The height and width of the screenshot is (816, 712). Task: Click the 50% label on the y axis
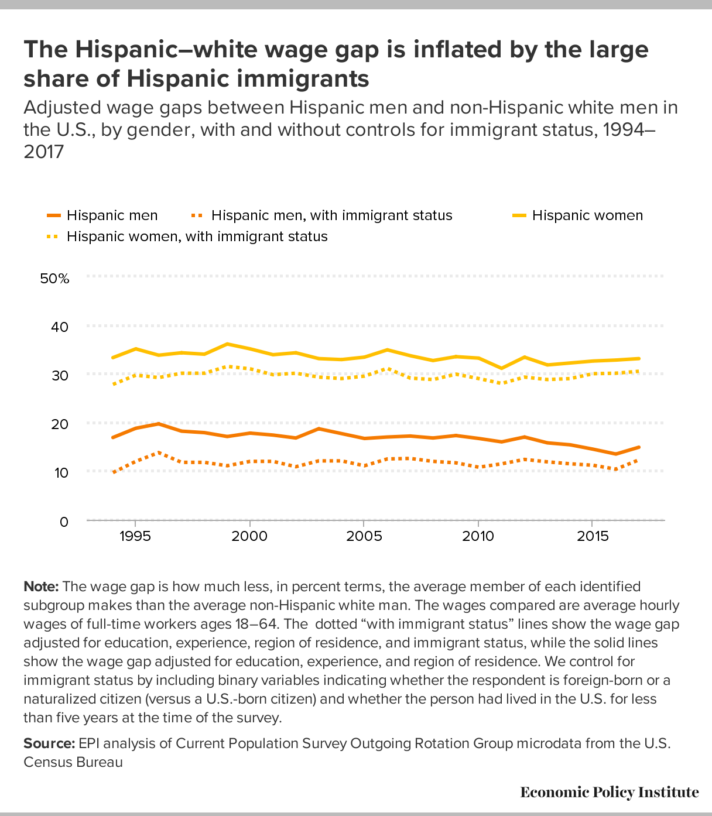(x=54, y=278)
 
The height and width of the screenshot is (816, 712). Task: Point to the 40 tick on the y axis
(x=60, y=327)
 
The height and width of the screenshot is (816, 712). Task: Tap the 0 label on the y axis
(x=64, y=522)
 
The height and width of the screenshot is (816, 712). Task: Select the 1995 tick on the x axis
(x=135, y=537)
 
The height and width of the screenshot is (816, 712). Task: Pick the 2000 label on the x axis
(x=249, y=537)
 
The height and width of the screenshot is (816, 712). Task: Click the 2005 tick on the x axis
(x=364, y=537)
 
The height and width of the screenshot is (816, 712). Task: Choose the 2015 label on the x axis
(x=593, y=537)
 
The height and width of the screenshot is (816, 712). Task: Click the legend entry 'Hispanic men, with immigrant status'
(x=331, y=215)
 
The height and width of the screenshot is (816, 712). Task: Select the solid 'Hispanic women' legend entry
(x=587, y=215)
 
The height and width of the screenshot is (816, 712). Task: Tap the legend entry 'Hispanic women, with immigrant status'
(x=197, y=236)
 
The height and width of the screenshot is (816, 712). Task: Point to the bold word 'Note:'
(x=41, y=587)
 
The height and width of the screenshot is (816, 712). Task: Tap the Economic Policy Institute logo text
(x=609, y=793)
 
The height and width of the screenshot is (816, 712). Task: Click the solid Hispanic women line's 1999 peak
(x=227, y=344)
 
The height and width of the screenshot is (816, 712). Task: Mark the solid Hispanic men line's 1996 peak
(x=159, y=423)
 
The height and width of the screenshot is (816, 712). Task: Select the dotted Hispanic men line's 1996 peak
(x=159, y=452)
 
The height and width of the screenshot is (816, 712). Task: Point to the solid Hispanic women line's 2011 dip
(x=501, y=368)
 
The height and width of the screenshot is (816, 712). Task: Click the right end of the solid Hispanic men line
(x=639, y=447)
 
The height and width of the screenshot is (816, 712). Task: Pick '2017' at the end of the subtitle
(x=43, y=152)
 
